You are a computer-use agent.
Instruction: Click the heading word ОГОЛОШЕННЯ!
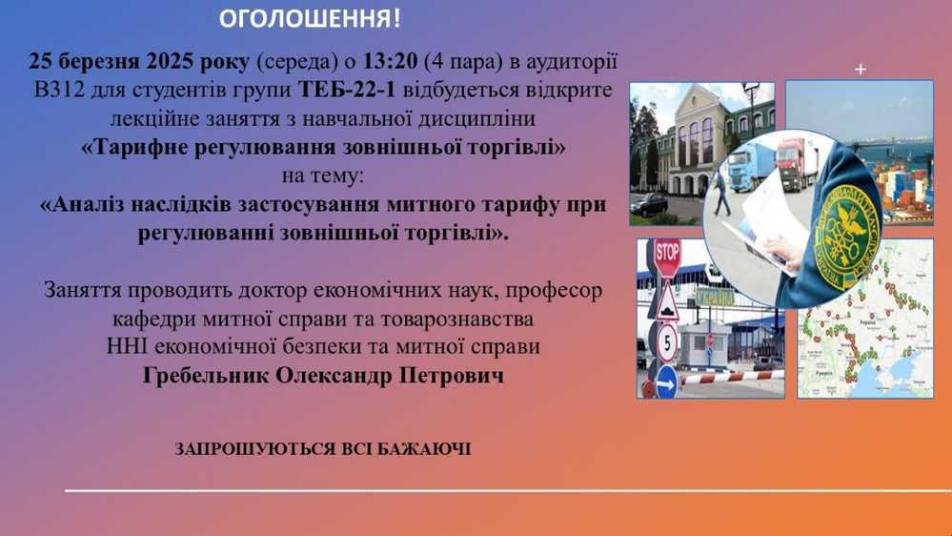[310, 19]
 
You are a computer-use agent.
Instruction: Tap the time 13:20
[391, 61]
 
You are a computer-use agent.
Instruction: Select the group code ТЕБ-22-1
[346, 90]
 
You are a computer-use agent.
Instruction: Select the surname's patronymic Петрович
[452, 376]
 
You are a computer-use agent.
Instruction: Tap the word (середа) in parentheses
[297, 61]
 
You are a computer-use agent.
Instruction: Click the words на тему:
[322, 176]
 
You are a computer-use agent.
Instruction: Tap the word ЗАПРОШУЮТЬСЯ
[254, 449]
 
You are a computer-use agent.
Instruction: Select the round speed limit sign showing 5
[667, 342]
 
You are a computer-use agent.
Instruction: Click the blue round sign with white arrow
[666, 382]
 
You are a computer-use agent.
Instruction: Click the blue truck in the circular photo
[752, 167]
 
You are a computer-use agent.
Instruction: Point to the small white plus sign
[861, 70]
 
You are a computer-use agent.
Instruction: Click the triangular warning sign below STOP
[667, 302]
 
